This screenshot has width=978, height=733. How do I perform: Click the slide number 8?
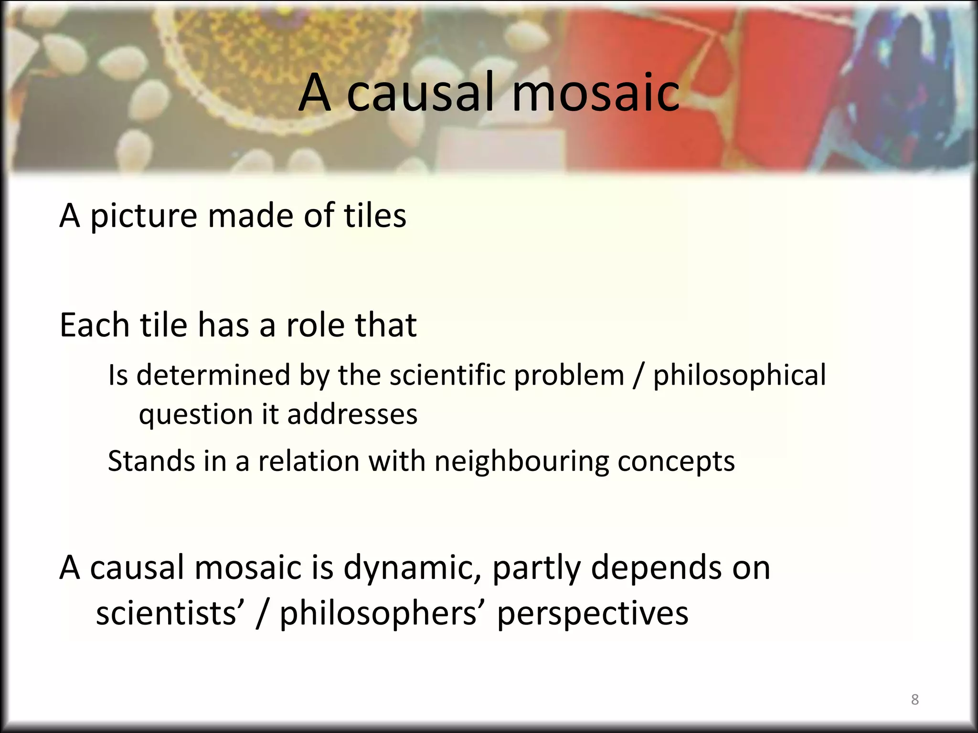coord(914,700)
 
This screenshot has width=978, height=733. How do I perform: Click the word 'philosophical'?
coord(739,376)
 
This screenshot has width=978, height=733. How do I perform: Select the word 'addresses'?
coord(352,414)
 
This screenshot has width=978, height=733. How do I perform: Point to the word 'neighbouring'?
coord(521,462)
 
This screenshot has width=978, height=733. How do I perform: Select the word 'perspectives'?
coord(593,614)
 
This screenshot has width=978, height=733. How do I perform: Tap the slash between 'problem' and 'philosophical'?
coord(638,376)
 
